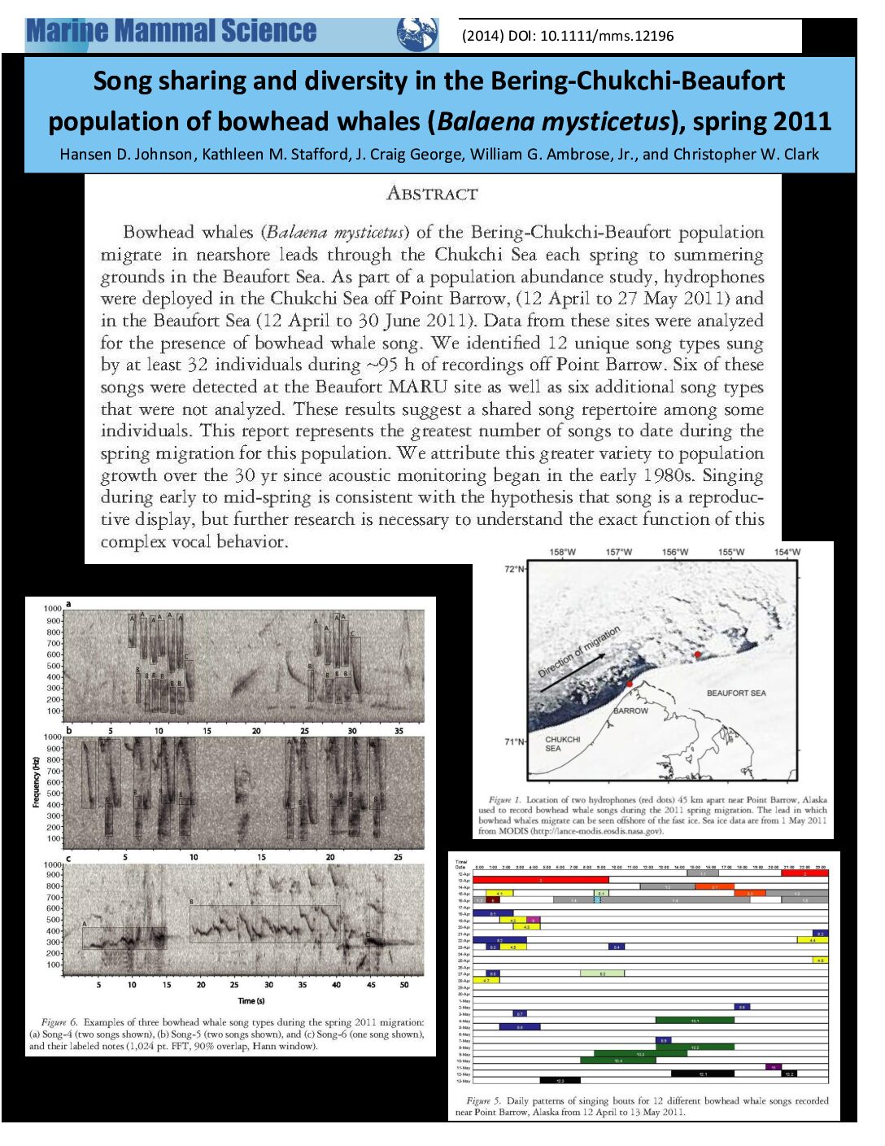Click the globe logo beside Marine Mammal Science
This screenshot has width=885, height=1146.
(x=416, y=34)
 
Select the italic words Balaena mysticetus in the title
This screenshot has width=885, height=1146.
(x=553, y=122)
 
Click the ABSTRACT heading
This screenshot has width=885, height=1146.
(x=432, y=194)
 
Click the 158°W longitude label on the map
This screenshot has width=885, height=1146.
(x=562, y=552)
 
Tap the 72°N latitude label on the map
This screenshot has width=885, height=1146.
(x=515, y=569)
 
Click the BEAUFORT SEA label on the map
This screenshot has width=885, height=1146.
(x=735, y=693)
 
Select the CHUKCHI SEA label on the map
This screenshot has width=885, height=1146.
(x=562, y=744)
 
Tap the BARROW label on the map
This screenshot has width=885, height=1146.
(x=630, y=711)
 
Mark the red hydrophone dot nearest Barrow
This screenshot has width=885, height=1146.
(x=630, y=684)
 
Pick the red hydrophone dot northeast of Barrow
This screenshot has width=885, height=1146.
(x=697, y=654)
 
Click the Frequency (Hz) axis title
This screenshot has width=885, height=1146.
(x=36, y=782)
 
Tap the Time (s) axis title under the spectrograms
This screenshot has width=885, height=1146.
(x=251, y=1000)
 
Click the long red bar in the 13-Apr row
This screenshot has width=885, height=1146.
(x=540, y=880)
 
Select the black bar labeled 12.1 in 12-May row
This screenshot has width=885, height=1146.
(x=702, y=1074)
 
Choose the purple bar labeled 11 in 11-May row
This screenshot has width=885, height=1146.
(x=773, y=1067)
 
